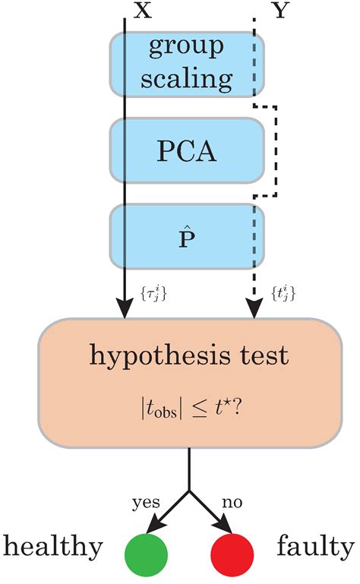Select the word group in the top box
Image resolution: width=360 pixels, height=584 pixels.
187,47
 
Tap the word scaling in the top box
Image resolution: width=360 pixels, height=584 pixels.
187,77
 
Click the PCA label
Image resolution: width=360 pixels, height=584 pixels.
187,151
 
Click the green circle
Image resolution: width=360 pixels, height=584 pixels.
146,550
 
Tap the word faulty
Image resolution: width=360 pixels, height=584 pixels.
315,547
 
